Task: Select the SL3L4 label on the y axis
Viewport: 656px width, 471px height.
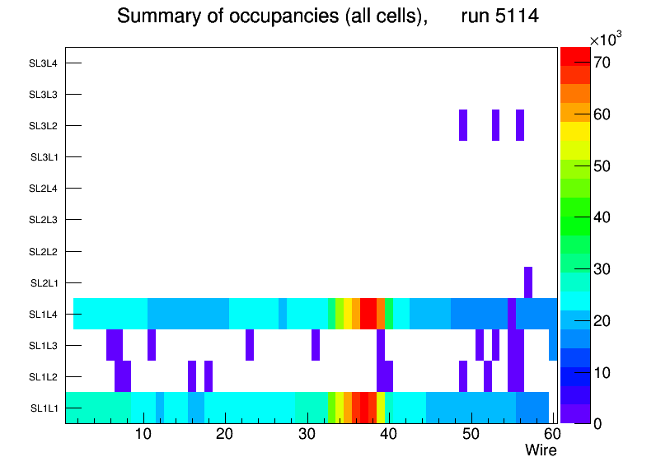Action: pyautogui.click(x=43, y=63)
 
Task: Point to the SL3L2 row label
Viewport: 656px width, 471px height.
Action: pyautogui.click(x=43, y=125)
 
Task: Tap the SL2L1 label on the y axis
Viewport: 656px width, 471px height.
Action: pyautogui.click(x=44, y=282)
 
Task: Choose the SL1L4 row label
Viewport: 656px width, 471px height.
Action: pyautogui.click(x=44, y=314)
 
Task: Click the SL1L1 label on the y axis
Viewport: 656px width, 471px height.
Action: pyautogui.click(x=44, y=408)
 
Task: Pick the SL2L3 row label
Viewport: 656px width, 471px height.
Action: pyautogui.click(x=43, y=220)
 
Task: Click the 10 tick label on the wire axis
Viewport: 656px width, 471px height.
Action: pyautogui.click(x=143, y=434)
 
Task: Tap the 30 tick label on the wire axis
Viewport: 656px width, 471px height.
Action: pyautogui.click(x=306, y=434)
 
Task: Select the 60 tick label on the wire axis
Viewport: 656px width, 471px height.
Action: pyautogui.click(x=551, y=434)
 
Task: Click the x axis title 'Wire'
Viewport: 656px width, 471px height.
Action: pyautogui.click(x=541, y=450)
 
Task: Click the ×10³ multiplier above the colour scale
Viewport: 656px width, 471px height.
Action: pyautogui.click(x=608, y=40)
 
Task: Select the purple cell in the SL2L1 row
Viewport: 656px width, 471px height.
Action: pyautogui.click(x=527, y=282)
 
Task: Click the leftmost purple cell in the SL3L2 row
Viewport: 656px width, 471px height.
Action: pyautogui.click(x=463, y=125)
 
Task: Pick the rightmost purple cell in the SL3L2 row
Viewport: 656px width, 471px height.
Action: pyautogui.click(x=520, y=125)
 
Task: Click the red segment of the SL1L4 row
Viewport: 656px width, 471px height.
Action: pyautogui.click(x=368, y=314)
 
